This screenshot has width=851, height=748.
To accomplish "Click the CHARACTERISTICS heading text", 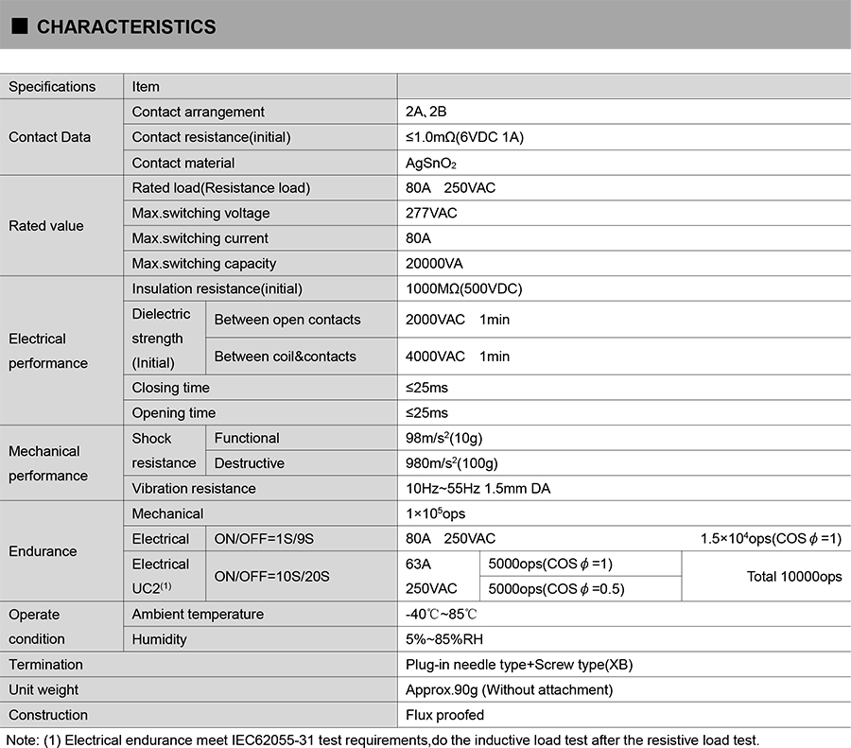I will tap(126, 27).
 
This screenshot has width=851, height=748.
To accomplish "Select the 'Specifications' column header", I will tap(52, 87).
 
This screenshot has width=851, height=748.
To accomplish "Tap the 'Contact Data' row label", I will tap(49, 137).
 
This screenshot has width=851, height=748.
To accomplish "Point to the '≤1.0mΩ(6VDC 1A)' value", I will tap(464, 137).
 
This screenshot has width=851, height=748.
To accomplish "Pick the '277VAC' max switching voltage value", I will tap(431, 213).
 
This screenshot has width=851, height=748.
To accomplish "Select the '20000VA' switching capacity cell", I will tap(434, 264).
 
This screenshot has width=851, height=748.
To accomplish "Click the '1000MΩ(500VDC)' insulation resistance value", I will tap(463, 288).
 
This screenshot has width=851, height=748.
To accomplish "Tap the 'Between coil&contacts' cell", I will tap(285, 357).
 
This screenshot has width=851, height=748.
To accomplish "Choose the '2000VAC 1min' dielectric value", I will tap(458, 320).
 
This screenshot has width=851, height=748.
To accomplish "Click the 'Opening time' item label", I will tap(173, 413).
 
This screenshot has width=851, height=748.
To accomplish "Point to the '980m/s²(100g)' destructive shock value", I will tap(451, 463).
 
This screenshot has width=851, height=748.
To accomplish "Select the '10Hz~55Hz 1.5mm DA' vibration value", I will tap(478, 489).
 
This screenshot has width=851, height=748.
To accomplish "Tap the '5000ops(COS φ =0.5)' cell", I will tap(556, 589).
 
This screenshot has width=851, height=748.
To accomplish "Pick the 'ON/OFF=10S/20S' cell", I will tap(271, 576).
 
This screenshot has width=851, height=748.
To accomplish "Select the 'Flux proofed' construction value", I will tap(444, 715).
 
